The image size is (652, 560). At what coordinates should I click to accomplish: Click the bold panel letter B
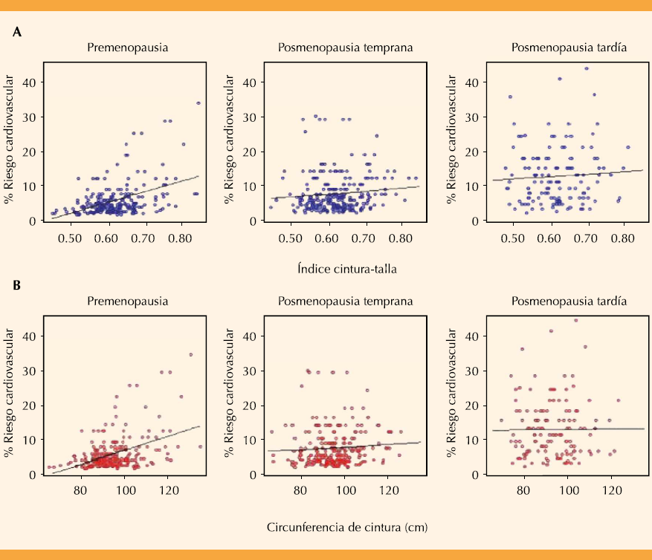[x=17, y=284]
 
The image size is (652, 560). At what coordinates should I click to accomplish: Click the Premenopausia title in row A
[x=126, y=48]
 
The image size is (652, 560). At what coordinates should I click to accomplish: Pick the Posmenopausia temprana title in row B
[x=346, y=302]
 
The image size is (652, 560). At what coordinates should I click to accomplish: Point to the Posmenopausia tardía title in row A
[x=569, y=48]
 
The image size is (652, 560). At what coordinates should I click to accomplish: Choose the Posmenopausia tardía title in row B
[x=569, y=302]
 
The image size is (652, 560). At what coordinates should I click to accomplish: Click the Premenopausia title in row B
[x=126, y=302]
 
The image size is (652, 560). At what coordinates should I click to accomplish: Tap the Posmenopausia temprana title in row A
[x=346, y=48]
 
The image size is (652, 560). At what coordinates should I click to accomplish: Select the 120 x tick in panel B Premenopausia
[x=169, y=491]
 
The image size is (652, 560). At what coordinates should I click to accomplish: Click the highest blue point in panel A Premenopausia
[x=198, y=103]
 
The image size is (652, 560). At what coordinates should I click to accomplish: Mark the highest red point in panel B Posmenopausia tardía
[x=575, y=321]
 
